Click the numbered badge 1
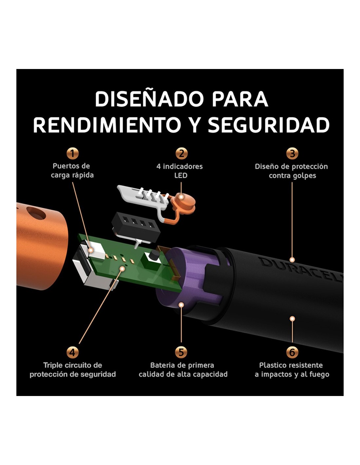(x=72, y=153)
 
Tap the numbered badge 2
(x=181, y=153)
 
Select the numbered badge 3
(x=292, y=153)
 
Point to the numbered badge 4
(x=72, y=352)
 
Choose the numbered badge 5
(x=181, y=352)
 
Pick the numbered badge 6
(x=292, y=352)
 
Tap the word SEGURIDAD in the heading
(x=269, y=125)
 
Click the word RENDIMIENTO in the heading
(x=107, y=125)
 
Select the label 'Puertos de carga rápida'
(x=72, y=171)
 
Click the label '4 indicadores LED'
(x=179, y=171)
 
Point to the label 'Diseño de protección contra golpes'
(x=291, y=171)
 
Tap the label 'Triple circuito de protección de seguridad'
(x=73, y=370)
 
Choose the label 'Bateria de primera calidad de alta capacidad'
(x=183, y=370)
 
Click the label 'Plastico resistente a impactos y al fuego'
(x=292, y=370)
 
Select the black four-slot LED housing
(x=136, y=227)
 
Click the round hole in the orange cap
(x=36, y=213)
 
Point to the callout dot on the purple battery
(x=181, y=304)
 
